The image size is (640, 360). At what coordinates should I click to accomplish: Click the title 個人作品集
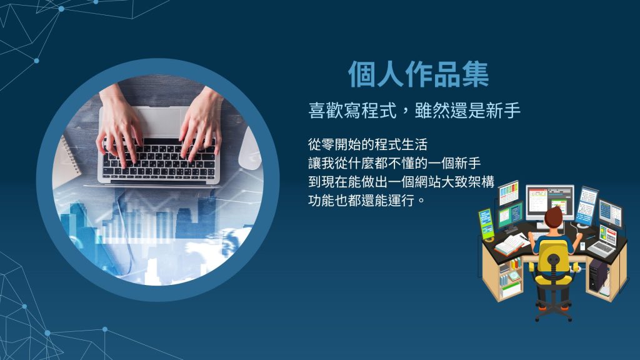point(418,74)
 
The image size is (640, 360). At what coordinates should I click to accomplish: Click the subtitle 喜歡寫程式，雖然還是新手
point(414,111)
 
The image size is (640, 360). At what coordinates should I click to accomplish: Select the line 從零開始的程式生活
point(367,144)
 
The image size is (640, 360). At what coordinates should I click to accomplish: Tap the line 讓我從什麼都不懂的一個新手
point(394,163)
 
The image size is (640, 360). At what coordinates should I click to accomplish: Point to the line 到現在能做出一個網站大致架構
point(401,182)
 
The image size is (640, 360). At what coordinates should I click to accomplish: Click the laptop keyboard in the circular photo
point(159,159)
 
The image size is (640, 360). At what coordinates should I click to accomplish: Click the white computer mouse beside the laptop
point(250,149)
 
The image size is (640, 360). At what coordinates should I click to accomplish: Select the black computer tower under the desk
point(598,276)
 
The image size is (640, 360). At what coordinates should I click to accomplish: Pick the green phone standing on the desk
point(486,223)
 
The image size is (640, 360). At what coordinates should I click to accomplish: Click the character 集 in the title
point(475,74)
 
